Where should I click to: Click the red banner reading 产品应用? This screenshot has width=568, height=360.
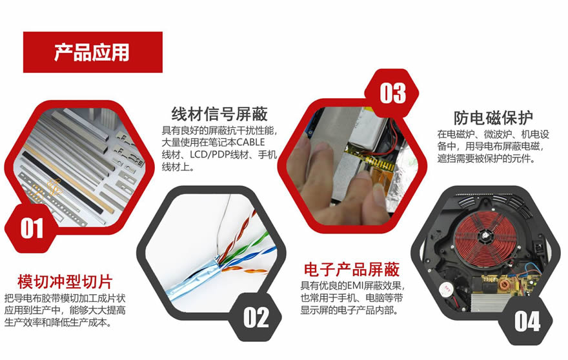tap(93, 52)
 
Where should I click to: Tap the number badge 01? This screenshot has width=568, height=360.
tap(32, 228)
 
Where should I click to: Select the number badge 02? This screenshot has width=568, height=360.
tap(256, 317)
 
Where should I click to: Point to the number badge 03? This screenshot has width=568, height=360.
tap(392, 93)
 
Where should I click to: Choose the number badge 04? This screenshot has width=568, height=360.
tap(527, 321)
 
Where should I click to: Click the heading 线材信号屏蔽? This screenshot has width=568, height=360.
tap(219, 114)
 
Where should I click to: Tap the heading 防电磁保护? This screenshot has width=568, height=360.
tap(493, 117)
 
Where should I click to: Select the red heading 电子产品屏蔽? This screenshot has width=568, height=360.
tap(351, 270)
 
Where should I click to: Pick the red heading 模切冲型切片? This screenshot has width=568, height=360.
tap(65, 282)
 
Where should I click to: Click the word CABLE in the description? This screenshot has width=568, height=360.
tap(250, 143)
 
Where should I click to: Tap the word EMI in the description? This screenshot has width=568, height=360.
tap(356, 286)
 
